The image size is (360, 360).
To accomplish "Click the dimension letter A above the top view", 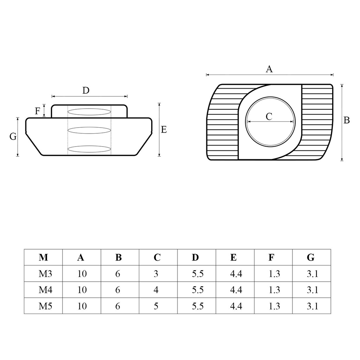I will click(x=269, y=69).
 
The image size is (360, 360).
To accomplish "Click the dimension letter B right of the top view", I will click(x=347, y=120).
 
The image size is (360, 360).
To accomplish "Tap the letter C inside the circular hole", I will click(x=269, y=116).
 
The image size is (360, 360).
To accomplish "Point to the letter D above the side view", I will click(x=86, y=91).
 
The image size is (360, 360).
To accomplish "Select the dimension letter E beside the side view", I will click(x=164, y=130).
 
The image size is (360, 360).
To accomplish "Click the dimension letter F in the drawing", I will click(x=37, y=111).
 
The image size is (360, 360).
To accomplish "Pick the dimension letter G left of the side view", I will click(x=13, y=137).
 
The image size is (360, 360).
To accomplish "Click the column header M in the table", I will click(x=43, y=257).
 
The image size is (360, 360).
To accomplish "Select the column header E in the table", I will click(x=233, y=257).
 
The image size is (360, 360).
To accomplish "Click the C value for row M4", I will click(x=156, y=290).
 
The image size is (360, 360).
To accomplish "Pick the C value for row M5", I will click(x=156, y=306).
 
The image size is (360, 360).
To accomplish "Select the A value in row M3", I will click(x=82, y=274).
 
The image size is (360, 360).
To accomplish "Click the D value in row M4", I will click(x=198, y=290).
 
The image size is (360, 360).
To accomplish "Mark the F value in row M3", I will click(x=274, y=274).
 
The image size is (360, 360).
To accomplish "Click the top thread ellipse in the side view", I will click(x=89, y=112).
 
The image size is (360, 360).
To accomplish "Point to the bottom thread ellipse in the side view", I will click(x=89, y=149).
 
